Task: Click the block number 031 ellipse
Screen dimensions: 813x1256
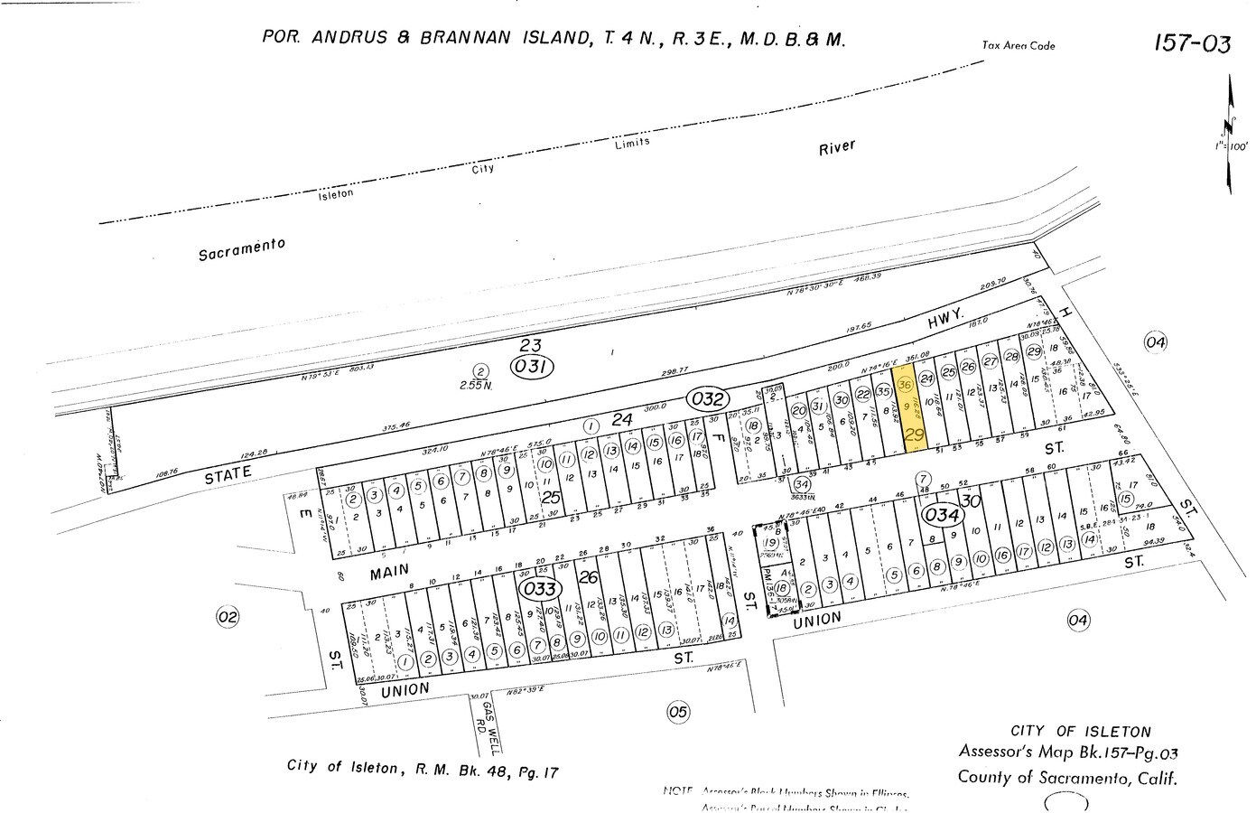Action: point(531,367)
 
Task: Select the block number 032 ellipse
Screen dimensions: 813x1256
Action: point(709,397)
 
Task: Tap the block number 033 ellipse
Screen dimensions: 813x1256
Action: point(540,589)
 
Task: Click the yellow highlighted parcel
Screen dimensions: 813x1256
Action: point(908,408)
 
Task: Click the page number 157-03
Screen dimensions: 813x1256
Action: point(1191,43)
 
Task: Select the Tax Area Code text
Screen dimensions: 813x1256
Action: point(1019,46)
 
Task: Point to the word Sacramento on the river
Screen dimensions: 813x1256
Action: point(241,249)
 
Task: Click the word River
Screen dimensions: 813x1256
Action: point(836,147)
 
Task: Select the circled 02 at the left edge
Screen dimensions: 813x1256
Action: point(227,617)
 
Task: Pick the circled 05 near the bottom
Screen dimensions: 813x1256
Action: point(677,712)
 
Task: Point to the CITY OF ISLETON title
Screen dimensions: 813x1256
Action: point(1080,732)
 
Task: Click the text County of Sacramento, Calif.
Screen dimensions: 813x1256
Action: point(1068,777)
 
